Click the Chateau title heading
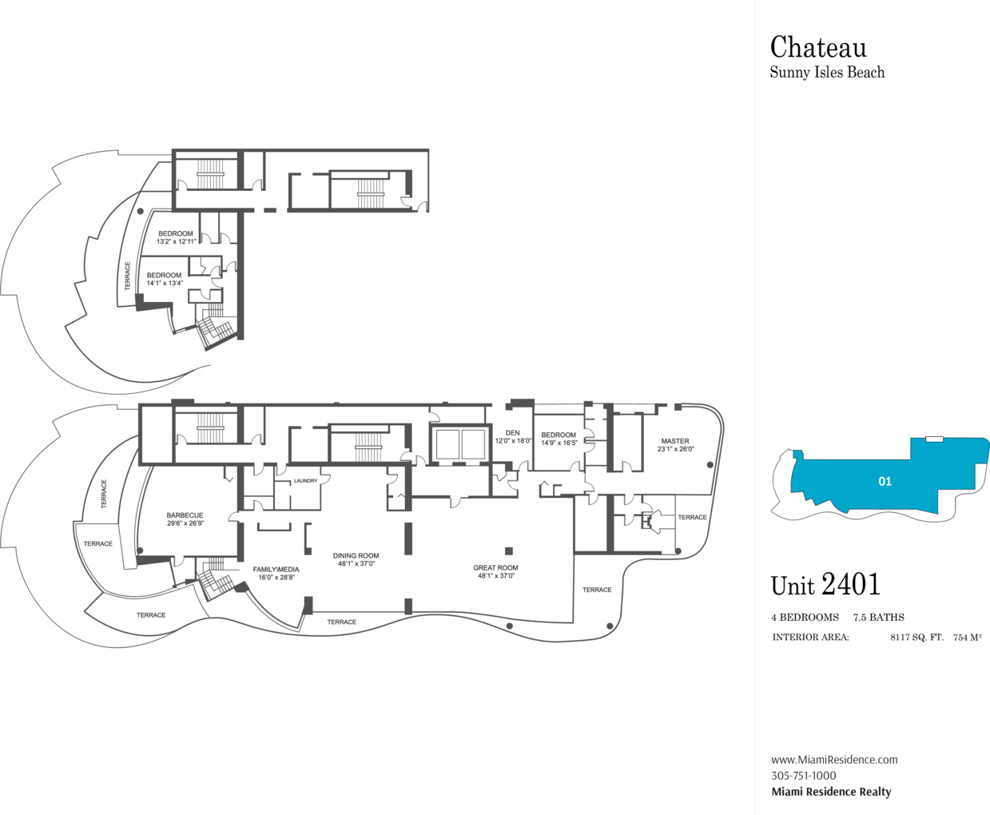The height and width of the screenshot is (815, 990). [x=818, y=47]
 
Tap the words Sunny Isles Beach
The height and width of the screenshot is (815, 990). [x=827, y=72]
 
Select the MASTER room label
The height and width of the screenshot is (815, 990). [x=675, y=441]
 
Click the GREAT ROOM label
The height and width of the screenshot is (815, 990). [x=495, y=567]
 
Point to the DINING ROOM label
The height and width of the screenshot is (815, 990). [x=356, y=555]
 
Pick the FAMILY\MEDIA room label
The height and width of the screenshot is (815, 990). [x=276, y=570]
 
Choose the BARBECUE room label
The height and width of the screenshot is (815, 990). [x=185, y=515]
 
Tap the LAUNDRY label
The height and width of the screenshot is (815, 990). [x=305, y=481]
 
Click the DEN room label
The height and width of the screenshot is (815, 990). [x=513, y=433]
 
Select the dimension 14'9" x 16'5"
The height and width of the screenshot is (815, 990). [x=559, y=443]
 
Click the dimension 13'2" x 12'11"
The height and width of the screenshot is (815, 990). [x=176, y=241]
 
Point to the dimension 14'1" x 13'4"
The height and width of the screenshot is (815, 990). [x=165, y=283]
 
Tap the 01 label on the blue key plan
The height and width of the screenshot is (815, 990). [x=885, y=481]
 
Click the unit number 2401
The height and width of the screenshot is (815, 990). [x=851, y=585]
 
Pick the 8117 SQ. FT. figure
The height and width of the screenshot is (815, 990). [x=916, y=638]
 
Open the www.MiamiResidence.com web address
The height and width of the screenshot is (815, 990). [x=834, y=760]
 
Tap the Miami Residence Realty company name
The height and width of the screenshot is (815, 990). [x=831, y=792]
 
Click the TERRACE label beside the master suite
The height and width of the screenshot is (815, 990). [x=693, y=517]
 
